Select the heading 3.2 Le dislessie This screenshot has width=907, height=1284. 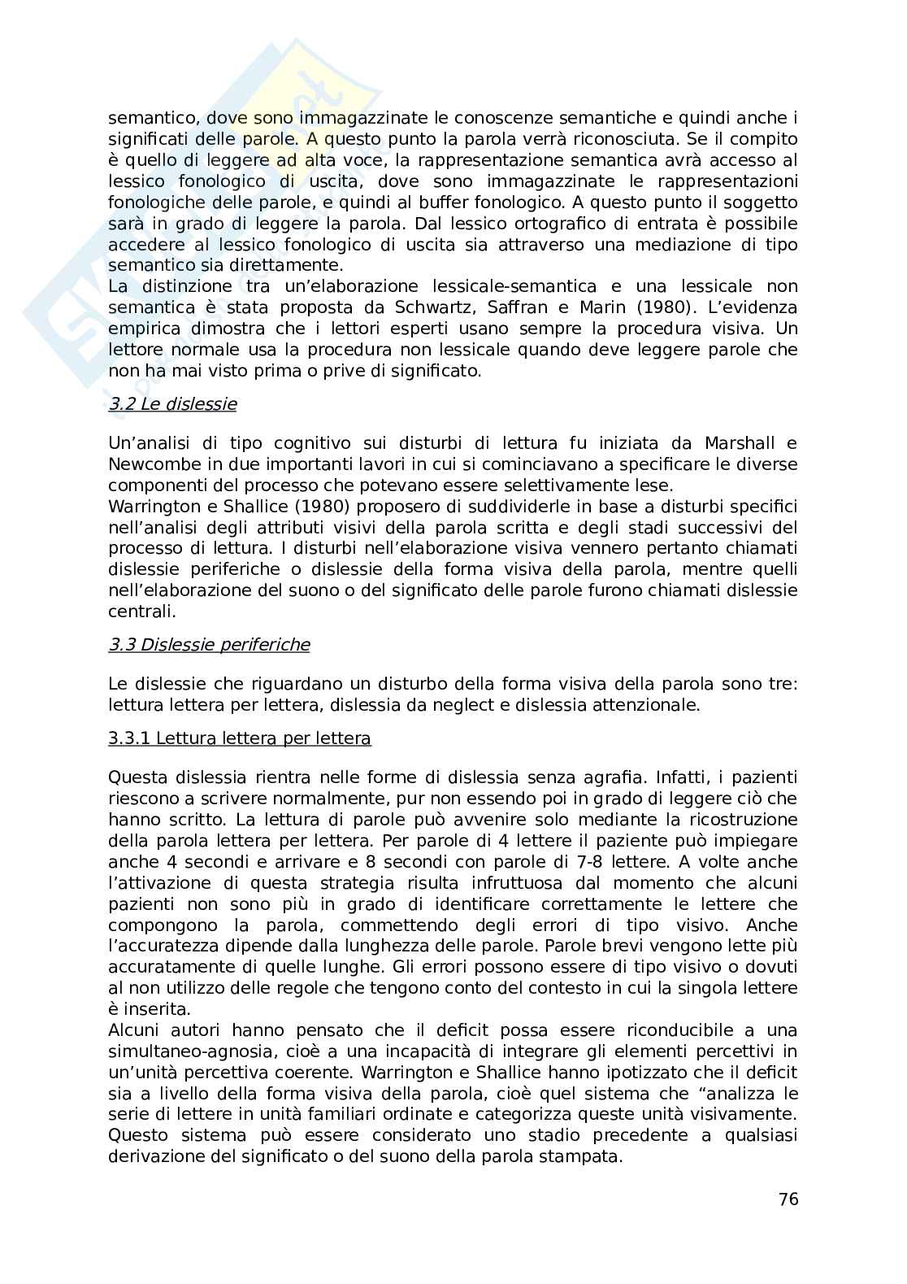[x=172, y=404]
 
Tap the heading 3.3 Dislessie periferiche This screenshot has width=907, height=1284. [x=209, y=644]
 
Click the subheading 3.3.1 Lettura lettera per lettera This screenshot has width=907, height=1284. [x=240, y=738]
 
